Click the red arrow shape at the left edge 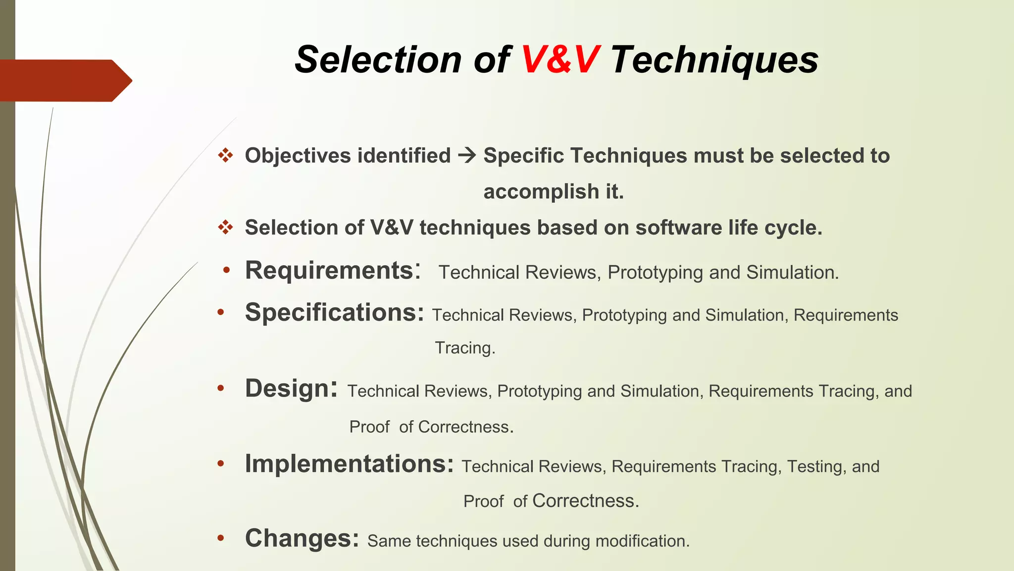coord(64,81)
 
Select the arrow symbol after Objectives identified coord(466,156)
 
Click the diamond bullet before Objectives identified coord(226,156)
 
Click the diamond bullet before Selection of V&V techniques coord(226,228)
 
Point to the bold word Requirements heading coord(329,271)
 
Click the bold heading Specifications coord(334,313)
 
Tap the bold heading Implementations coord(349,464)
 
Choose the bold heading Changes coord(302,538)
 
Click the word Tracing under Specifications coord(464,348)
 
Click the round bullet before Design coord(221,388)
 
